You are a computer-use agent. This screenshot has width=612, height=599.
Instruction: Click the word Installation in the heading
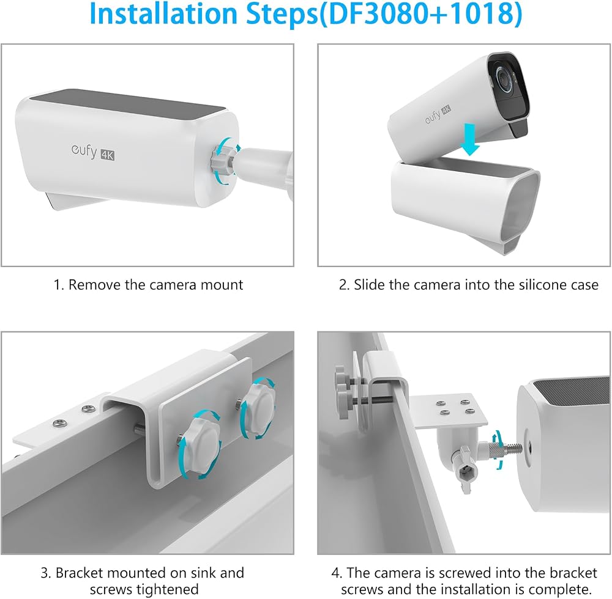(163, 13)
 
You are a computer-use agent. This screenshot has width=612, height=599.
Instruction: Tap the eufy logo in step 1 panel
(84, 151)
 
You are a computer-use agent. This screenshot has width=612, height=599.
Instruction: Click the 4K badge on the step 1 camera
(107, 155)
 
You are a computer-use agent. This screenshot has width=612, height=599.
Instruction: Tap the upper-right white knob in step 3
(258, 407)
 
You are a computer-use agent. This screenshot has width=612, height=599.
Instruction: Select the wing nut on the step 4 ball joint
(467, 469)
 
